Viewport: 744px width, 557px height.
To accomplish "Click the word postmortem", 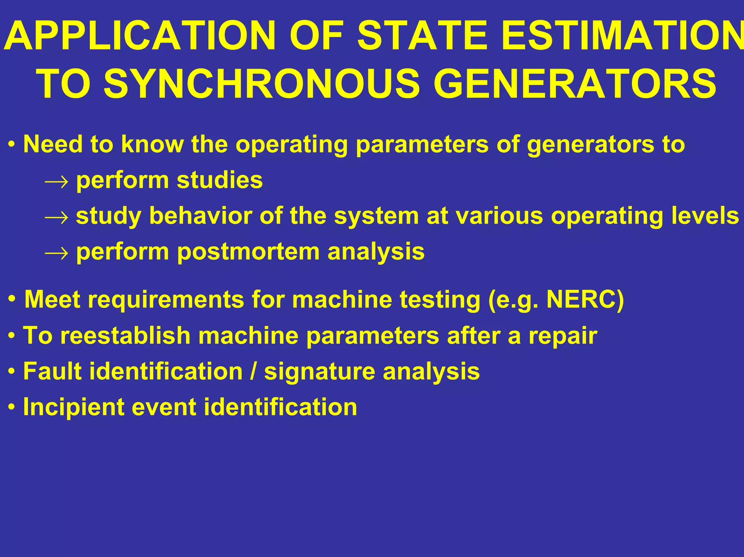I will point(248,252).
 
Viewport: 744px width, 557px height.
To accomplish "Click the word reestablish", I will point(125,335).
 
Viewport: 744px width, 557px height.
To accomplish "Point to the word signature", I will point(320,371).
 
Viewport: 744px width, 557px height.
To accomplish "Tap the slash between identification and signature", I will point(253,371).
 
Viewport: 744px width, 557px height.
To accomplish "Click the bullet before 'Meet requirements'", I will point(12,300).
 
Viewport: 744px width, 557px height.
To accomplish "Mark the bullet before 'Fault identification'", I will point(12,372).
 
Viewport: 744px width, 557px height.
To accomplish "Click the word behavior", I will point(200,216).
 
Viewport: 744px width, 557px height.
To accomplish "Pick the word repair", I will point(563,336).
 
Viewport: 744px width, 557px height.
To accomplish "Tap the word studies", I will point(220,180).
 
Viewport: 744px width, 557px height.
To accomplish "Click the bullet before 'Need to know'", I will point(12,145).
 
